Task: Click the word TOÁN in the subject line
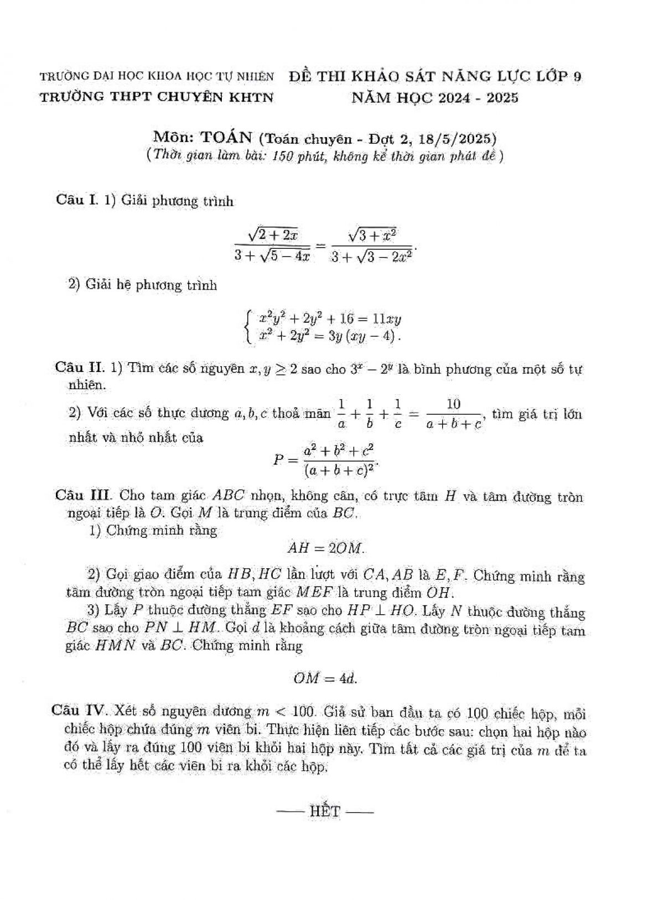click(x=226, y=137)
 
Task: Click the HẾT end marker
click(x=325, y=812)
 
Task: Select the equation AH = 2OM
click(x=326, y=548)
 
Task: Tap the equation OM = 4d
click(x=325, y=679)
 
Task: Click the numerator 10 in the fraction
click(x=453, y=404)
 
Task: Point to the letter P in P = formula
click(x=279, y=459)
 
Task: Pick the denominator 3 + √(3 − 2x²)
click(x=371, y=257)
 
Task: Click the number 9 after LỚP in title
click(x=577, y=76)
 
